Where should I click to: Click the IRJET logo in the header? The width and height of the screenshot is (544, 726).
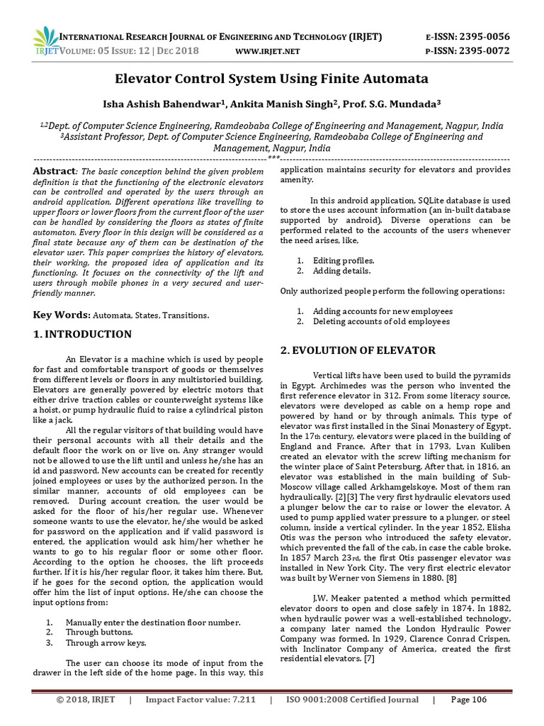click(47, 41)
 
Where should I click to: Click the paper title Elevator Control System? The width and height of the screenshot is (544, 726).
click(272, 78)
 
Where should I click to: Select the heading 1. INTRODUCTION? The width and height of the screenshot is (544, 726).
click(83, 335)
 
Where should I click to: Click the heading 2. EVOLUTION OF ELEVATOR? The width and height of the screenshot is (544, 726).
click(357, 350)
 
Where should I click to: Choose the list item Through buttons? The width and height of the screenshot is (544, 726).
click(98, 632)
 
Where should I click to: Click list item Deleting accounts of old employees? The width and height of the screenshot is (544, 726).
click(381, 321)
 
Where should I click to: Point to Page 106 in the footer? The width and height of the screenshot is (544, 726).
click(468, 700)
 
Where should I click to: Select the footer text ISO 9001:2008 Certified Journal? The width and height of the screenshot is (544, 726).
click(352, 700)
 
